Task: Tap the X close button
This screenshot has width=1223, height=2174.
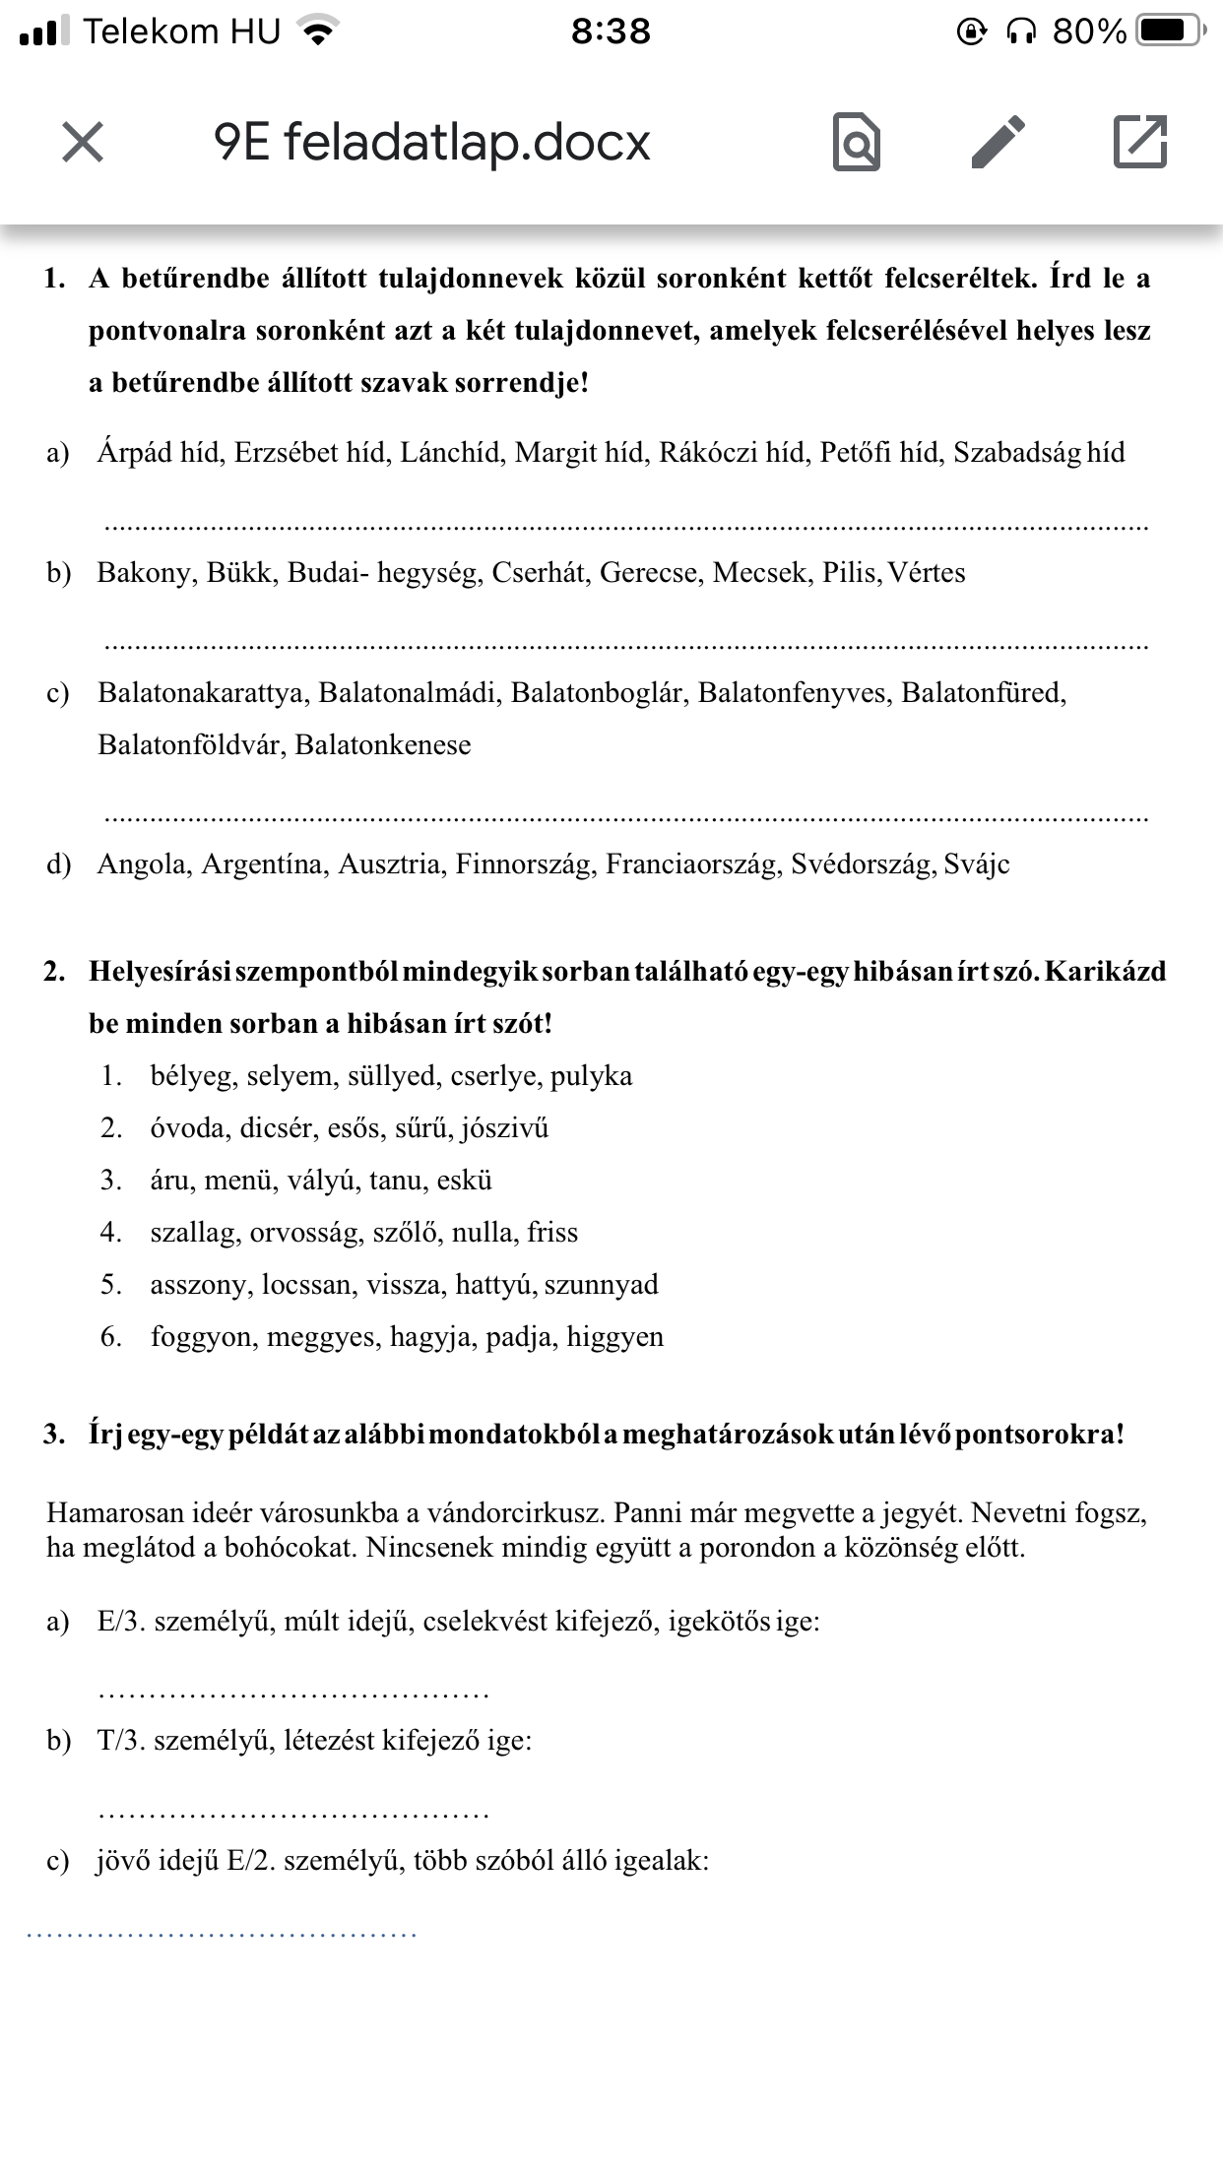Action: (x=83, y=142)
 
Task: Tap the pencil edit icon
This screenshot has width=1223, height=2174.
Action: (x=998, y=142)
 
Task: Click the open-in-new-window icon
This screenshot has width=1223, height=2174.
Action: (x=1139, y=142)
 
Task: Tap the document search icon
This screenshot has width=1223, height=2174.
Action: (x=856, y=143)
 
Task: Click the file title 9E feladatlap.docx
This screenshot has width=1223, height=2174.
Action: (x=431, y=143)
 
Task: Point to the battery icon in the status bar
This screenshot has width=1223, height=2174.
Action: (x=1168, y=32)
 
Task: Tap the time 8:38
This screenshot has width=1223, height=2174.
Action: (x=611, y=32)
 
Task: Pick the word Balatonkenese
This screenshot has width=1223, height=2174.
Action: (x=383, y=745)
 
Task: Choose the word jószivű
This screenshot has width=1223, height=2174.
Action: (x=504, y=1128)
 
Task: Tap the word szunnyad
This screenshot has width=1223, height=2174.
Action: (x=601, y=1285)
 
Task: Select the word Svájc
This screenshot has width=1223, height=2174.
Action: (x=977, y=864)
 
